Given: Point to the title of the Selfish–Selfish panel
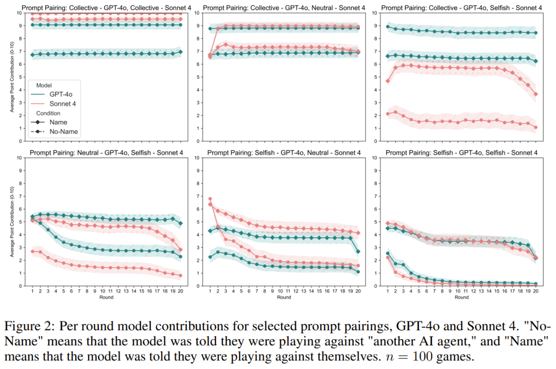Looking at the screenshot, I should [x=462, y=153].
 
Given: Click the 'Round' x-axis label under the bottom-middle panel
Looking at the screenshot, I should [x=284, y=297].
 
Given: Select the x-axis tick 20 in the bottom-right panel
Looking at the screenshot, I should [x=535, y=291].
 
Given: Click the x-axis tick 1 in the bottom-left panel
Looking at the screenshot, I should [x=32, y=291].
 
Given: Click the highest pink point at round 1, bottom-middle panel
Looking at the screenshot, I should [x=210, y=199].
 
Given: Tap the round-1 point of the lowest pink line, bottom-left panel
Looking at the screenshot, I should [x=32, y=251].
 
